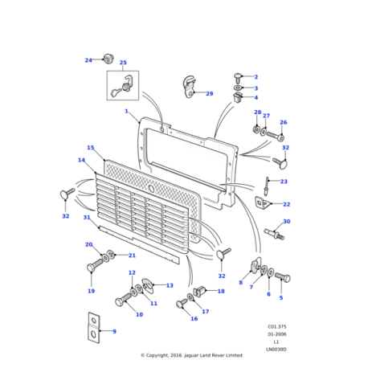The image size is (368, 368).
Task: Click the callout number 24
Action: click(88, 60)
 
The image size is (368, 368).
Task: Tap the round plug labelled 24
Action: click(108, 59)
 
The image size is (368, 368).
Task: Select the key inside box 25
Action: click(115, 92)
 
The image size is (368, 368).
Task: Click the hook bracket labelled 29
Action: click(190, 87)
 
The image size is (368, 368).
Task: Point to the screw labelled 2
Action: click(238, 78)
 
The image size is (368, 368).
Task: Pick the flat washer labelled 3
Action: click(238, 88)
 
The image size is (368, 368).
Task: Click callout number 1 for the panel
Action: click(127, 111)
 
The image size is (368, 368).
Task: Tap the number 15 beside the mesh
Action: click(91, 148)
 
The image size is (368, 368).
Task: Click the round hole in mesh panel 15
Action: click(151, 188)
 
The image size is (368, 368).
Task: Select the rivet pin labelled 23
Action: click(267, 186)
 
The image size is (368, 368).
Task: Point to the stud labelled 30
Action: click(275, 234)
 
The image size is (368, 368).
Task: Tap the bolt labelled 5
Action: click(283, 277)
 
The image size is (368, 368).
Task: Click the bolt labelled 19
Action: click(95, 264)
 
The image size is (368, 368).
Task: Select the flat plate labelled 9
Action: click(94, 328)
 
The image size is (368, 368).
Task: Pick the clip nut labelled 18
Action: click(199, 291)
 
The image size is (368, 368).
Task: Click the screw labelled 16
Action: click(182, 303)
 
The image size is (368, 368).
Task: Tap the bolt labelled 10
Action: click(123, 299)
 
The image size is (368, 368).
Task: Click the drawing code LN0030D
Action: click(276, 350)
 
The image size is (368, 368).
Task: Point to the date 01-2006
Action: click(277, 334)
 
